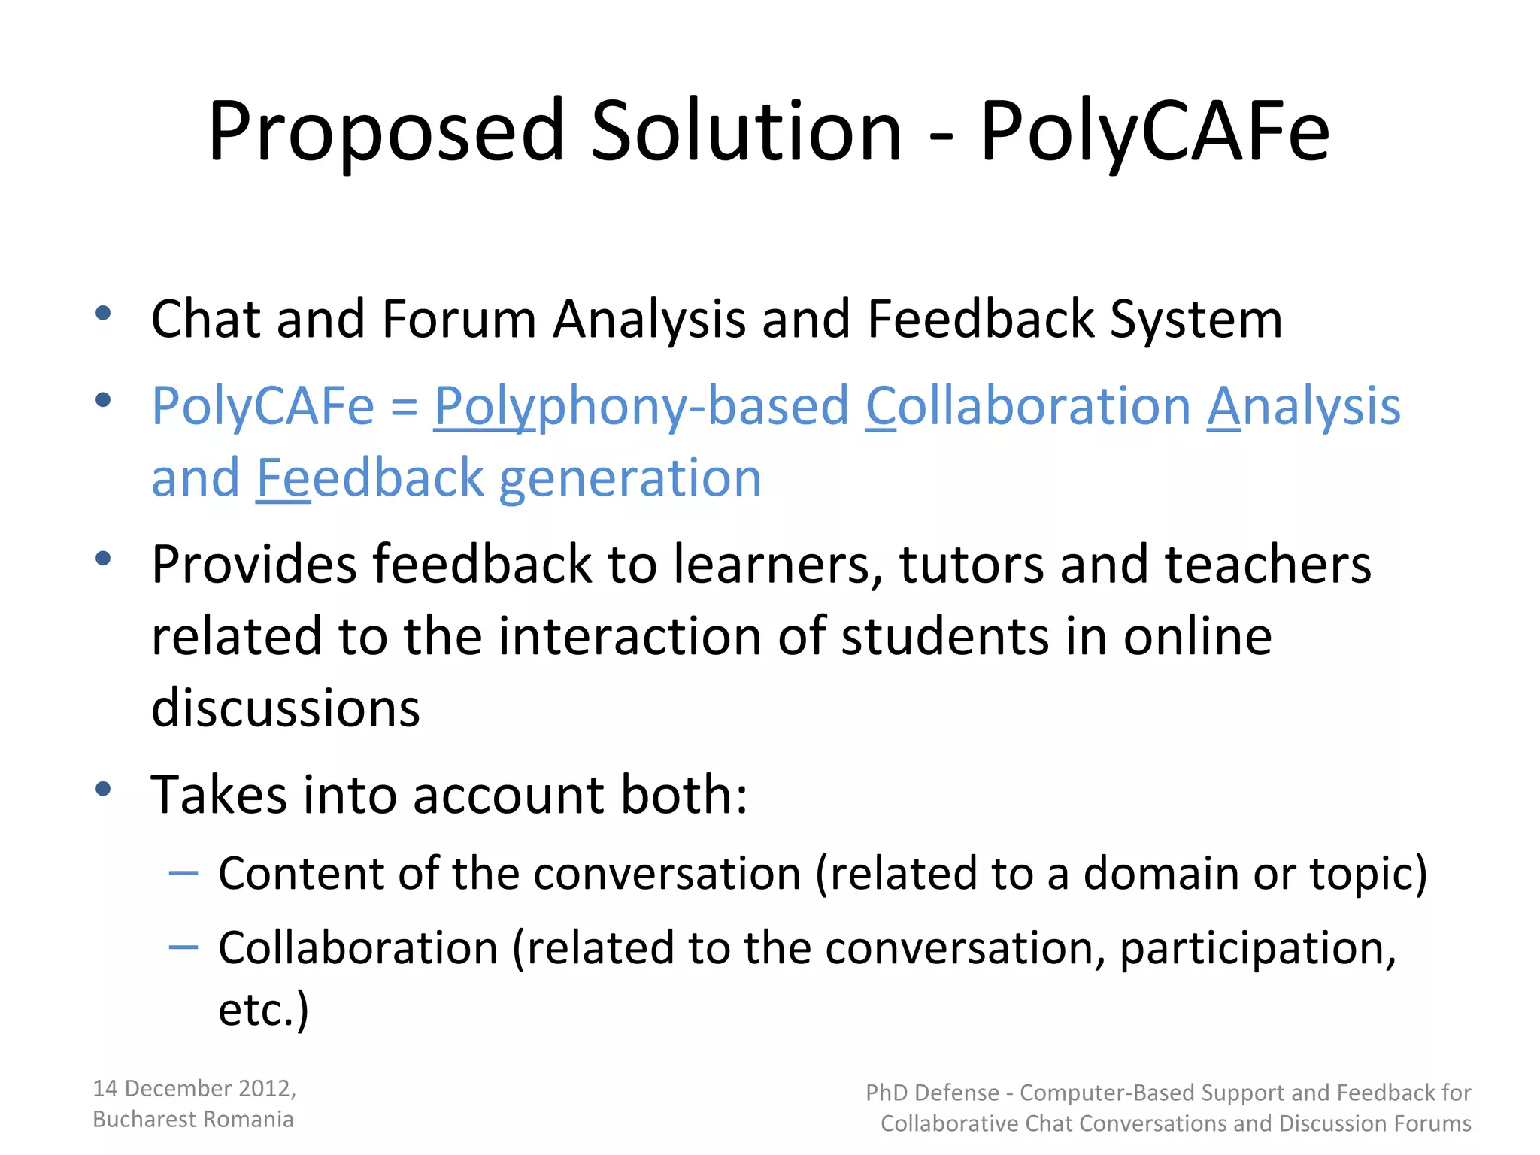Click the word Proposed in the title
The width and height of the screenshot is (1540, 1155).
click(386, 132)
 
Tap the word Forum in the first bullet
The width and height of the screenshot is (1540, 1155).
click(459, 319)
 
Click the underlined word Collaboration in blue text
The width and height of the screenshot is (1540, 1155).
click(1028, 406)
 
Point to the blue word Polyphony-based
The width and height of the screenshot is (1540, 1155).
click(641, 406)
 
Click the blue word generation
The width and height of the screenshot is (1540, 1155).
click(630, 477)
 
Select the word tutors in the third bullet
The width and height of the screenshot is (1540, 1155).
click(972, 564)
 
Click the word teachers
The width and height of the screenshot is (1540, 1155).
click(1268, 564)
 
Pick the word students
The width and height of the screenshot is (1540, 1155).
click(944, 636)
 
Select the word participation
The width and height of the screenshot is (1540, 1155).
click(1257, 947)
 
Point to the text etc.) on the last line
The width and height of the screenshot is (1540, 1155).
click(263, 1009)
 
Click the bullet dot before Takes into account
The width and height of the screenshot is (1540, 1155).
click(104, 789)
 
